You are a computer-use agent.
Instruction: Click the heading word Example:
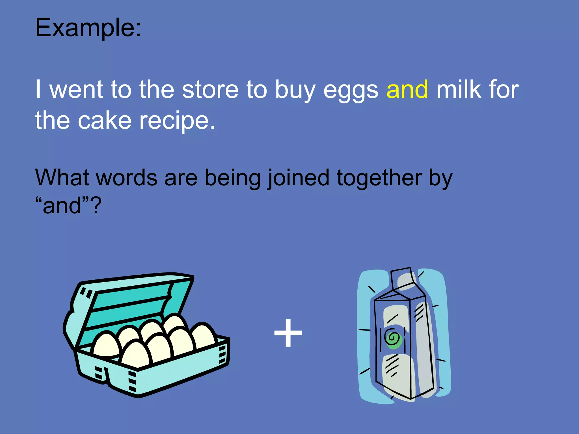(x=88, y=28)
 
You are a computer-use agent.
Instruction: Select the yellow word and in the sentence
(x=407, y=90)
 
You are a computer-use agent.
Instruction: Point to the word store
(x=210, y=90)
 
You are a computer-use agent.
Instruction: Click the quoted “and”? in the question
(x=68, y=205)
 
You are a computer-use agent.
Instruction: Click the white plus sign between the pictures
(x=288, y=333)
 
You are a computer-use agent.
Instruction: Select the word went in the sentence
(x=76, y=90)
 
